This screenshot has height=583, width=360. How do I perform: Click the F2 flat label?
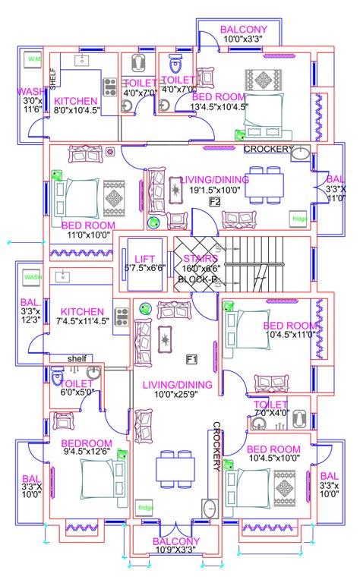point(214,202)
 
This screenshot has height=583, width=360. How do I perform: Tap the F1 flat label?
point(192,358)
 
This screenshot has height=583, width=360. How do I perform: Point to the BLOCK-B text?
point(197,279)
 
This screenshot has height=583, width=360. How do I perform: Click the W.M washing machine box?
point(34,58)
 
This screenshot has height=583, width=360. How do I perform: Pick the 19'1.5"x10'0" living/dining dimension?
point(215,190)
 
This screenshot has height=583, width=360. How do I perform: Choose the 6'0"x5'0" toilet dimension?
point(77,392)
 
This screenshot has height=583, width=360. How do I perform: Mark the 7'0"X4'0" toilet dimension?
point(271,414)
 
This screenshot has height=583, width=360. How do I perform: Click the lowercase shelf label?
point(77,358)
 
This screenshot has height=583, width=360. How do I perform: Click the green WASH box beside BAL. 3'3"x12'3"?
point(33,278)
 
